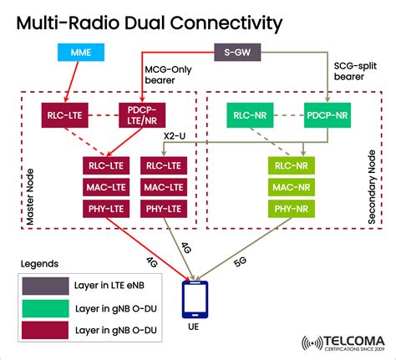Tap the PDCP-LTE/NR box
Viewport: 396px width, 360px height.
tap(141, 114)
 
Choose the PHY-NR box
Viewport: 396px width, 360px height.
tap(292, 207)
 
